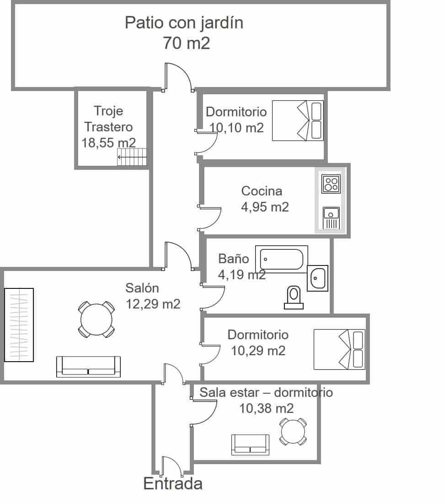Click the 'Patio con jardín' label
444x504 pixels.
[x=184, y=22]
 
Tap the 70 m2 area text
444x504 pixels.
[x=186, y=43]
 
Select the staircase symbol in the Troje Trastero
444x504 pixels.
[x=132, y=157]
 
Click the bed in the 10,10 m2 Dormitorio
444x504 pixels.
[x=298, y=120]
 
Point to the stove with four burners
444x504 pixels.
[x=331, y=184]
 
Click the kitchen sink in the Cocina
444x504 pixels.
[x=331, y=217]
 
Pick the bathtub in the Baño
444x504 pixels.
[x=282, y=260]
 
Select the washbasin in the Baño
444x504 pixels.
[x=317, y=278]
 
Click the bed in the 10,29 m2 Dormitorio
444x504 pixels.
[x=339, y=349]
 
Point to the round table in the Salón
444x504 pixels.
[x=96, y=319]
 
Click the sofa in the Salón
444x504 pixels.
[x=88, y=366]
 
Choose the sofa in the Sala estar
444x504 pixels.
[x=250, y=444]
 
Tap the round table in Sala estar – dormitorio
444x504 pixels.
[x=292, y=431]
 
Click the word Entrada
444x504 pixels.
[x=173, y=484]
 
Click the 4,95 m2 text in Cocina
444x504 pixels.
[x=265, y=207]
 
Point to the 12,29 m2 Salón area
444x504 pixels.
[x=153, y=304]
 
